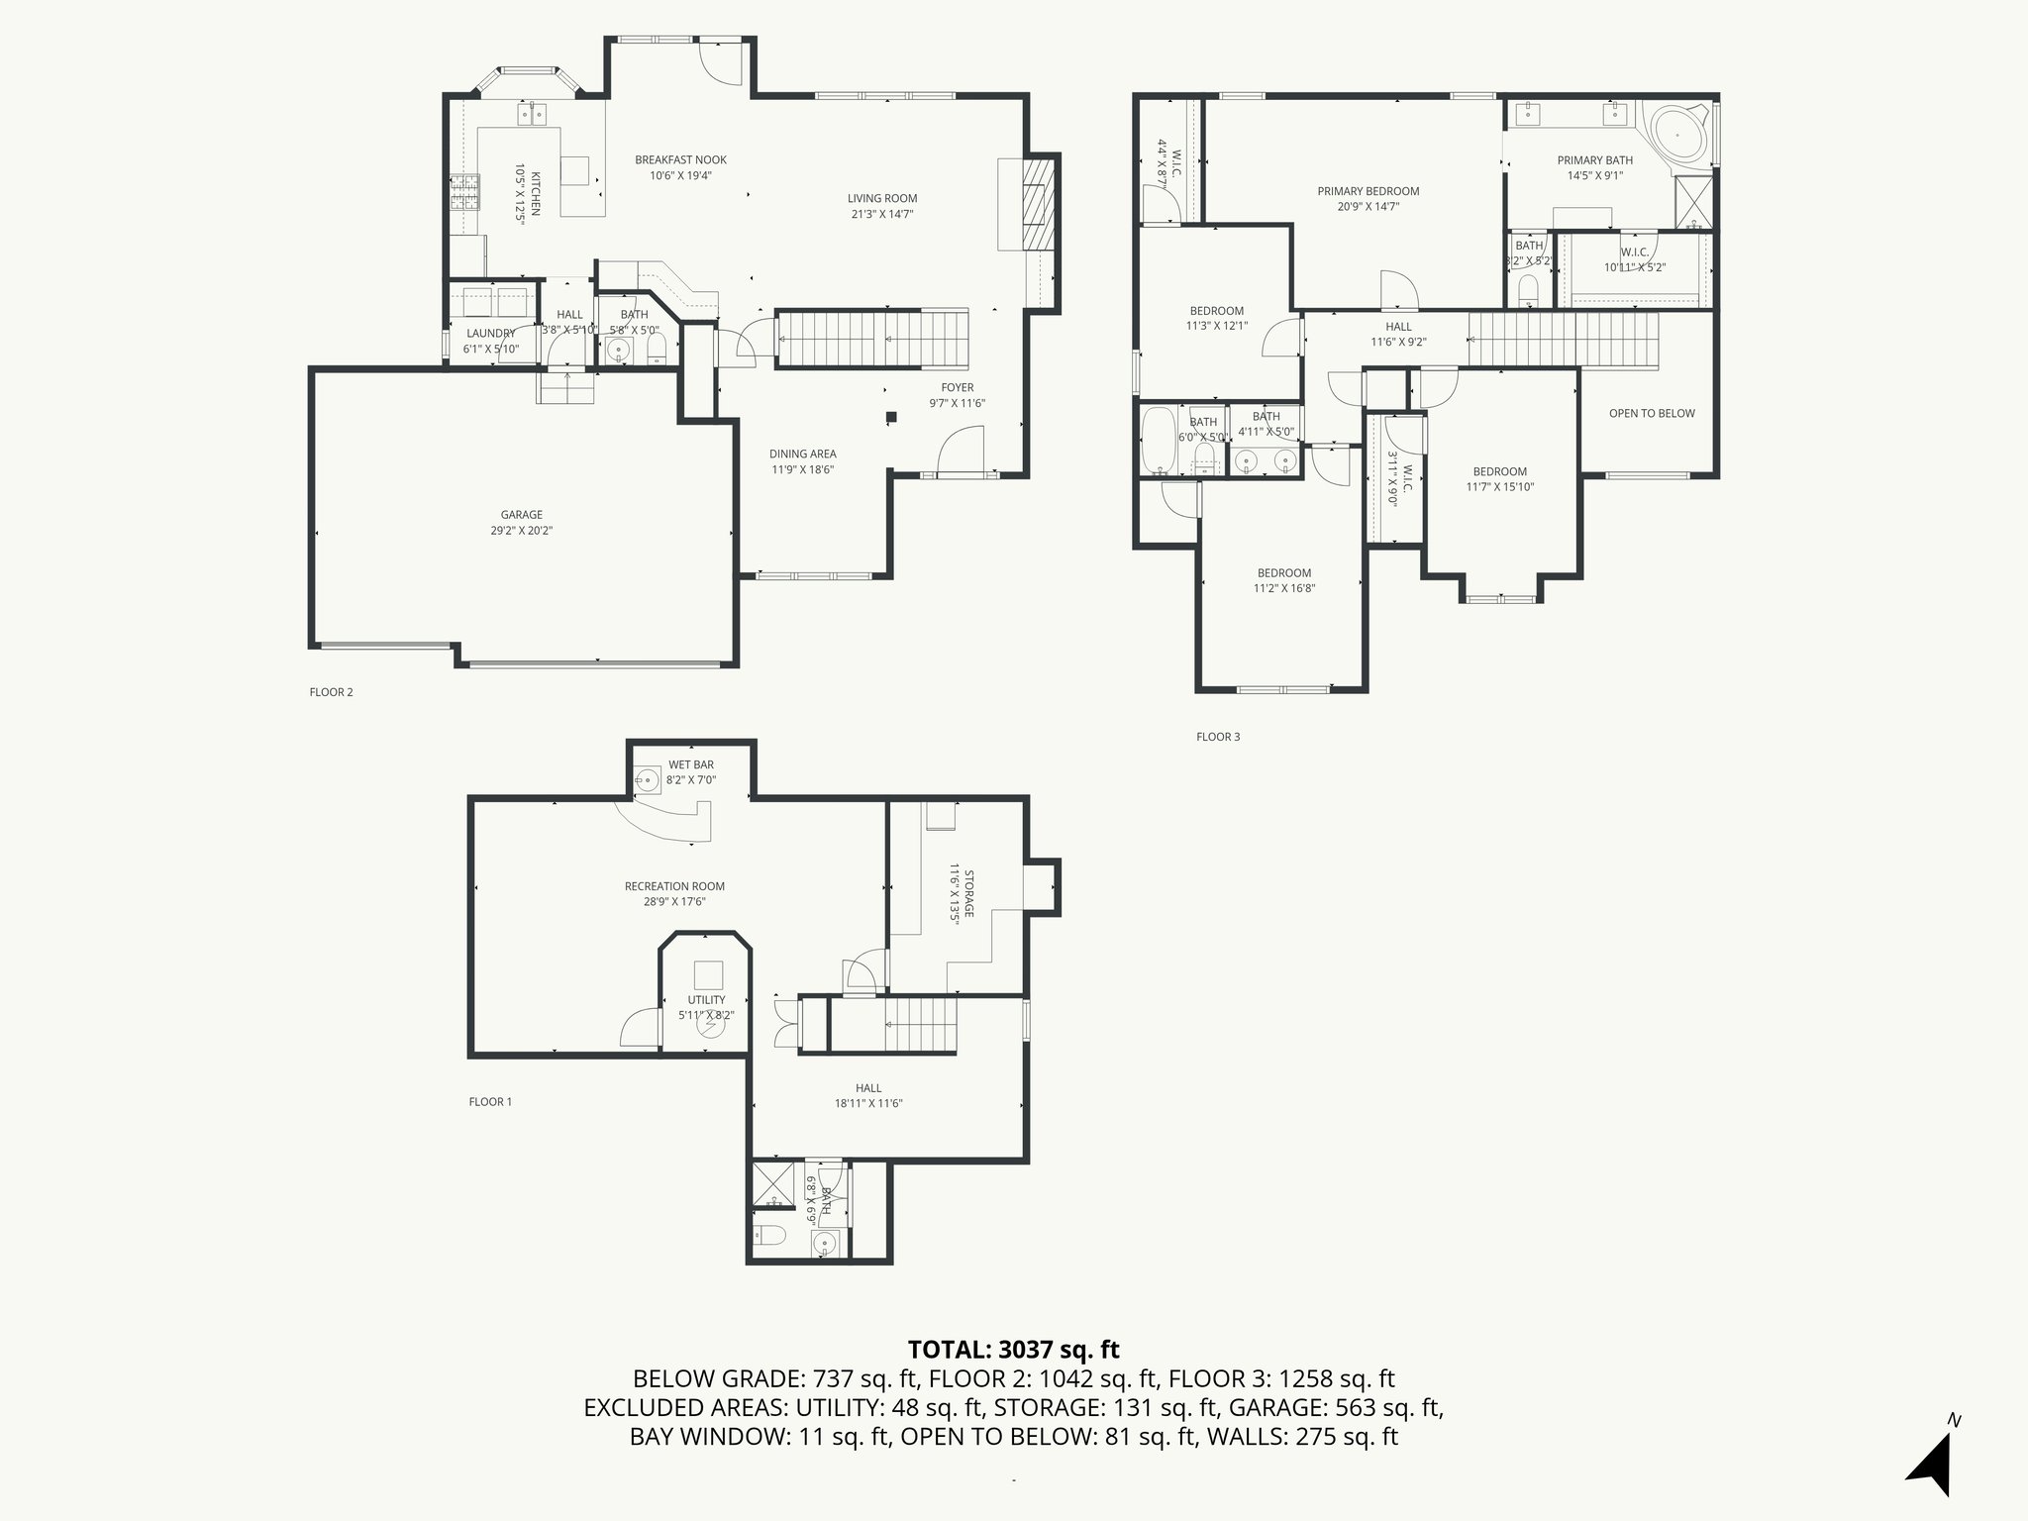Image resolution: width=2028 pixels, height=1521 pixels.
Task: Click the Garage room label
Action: pos(521,515)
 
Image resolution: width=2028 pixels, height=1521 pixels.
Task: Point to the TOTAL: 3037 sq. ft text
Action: pos(1013,1349)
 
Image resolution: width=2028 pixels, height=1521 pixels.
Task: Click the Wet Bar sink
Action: pos(647,779)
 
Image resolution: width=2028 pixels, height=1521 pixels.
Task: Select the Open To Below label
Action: pos(1652,413)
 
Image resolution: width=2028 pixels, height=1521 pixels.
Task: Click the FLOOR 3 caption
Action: pos(1217,737)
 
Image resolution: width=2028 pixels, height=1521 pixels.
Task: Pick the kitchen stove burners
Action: pos(463,192)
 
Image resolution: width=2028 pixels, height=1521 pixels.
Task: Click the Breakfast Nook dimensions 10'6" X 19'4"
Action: pos(680,175)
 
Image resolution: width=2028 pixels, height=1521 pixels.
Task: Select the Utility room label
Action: pos(706,1000)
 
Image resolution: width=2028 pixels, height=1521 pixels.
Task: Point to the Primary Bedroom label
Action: pos(1368,191)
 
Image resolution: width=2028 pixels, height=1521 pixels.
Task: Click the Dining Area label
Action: pos(802,454)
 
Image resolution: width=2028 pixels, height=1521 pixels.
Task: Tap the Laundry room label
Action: pos(490,334)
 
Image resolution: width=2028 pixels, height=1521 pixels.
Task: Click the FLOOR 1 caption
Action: pos(490,1101)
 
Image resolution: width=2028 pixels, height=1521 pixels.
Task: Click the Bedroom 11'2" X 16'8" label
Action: pos(1283,572)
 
